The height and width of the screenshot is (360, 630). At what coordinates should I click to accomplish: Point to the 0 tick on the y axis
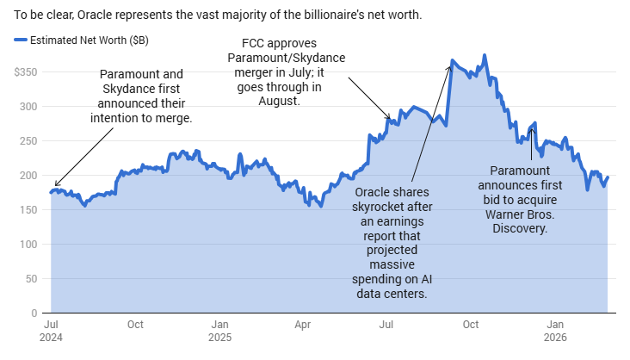coord(34,313)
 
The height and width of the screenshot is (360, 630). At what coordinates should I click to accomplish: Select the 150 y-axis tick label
coord(29,210)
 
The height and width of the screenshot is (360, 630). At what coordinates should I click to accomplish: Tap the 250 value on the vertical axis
coord(29,141)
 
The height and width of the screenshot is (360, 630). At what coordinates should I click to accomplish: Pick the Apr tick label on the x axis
coord(302,325)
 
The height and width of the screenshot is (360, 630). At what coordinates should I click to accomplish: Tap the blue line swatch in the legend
coord(20,40)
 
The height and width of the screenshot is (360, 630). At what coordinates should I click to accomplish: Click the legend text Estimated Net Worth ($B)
coord(83,40)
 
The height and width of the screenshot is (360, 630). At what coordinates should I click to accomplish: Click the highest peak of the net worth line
coord(485,56)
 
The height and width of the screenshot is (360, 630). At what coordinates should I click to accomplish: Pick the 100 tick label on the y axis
coord(29,245)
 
